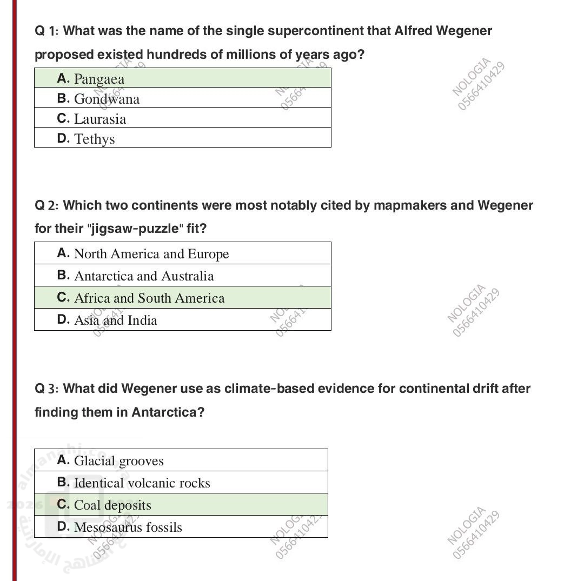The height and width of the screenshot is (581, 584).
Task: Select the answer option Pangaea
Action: click(99, 79)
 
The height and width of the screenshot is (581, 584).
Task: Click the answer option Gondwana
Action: click(107, 99)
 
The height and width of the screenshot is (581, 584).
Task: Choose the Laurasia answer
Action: click(100, 119)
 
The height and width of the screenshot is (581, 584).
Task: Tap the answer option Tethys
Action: click(95, 139)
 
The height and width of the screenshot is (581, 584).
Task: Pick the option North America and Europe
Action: click(151, 254)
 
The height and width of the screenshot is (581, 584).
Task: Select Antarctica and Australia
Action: click(144, 276)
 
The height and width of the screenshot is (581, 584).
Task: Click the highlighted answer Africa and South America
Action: click(149, 298)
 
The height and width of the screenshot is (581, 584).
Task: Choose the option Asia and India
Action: click(116, 320)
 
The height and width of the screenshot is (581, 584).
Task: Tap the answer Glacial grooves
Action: click(118, 461)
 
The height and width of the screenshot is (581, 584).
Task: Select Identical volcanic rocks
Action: click(142, 483)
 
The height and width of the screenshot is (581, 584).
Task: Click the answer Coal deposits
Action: click(112, 505)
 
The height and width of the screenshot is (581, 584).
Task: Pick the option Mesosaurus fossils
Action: click(128, 527)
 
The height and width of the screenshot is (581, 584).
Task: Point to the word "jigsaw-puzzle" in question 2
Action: click(135, 229)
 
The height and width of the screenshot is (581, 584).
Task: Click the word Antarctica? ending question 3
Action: click(168, 413)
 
